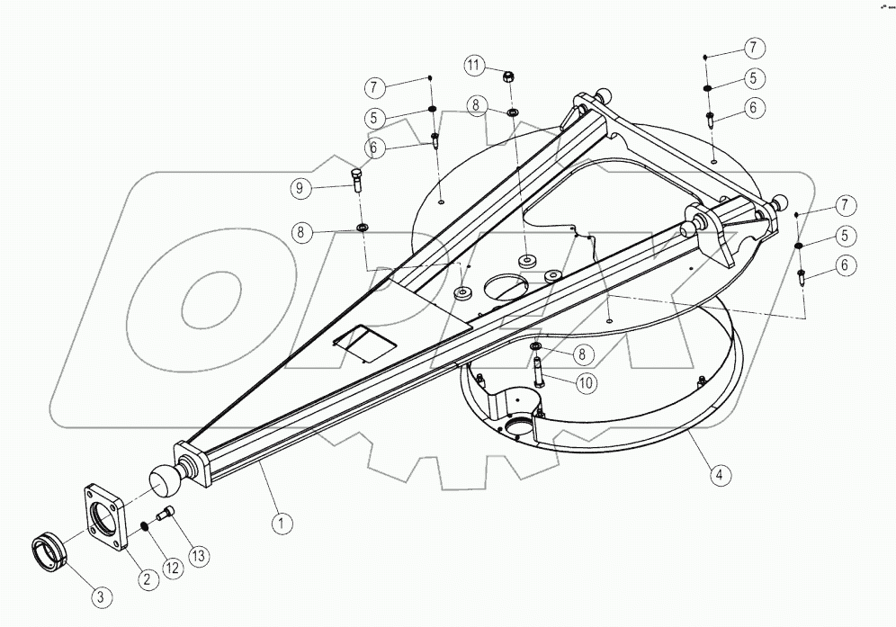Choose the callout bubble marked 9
pyautogui.click(x=300, y=188)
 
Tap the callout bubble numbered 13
pyautogui.click(x=199, y=557)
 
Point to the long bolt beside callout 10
pyautogui.click(x=537, y=372)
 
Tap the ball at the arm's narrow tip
pyautogui.click(x=163, y=481)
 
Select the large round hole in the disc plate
pyautogui.click(x=510, y=288)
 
